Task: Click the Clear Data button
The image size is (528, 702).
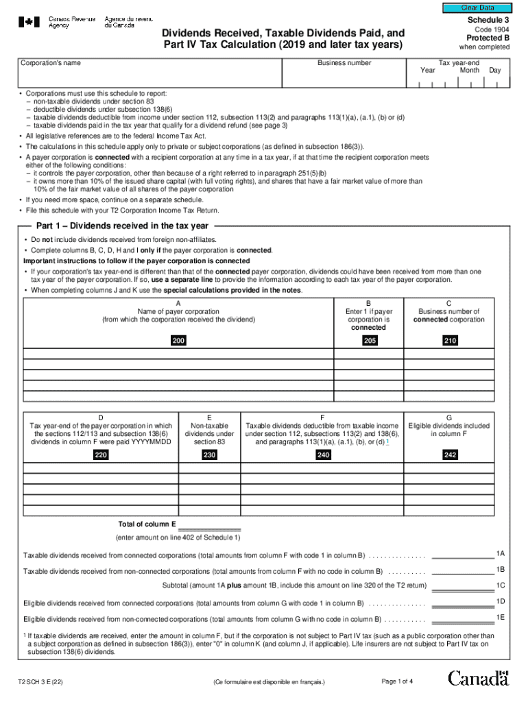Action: click(x=477, y=8)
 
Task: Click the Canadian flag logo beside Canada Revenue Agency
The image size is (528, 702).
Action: click(x=29, y=22)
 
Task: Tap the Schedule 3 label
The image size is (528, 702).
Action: click(x=488, y=21)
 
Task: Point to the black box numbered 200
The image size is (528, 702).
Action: click(x=178, y=341)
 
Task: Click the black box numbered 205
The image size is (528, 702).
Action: click(x=369, y=341)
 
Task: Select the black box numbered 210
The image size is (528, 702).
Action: click(x=450, y=341)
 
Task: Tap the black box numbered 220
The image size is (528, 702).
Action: click(x=101, y=455)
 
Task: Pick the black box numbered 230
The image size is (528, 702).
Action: click(x=210, y=455)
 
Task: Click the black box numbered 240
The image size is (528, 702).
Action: click(x=323, y=455)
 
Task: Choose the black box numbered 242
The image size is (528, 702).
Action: click(x=450, y=455)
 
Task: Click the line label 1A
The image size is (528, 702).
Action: click(x=501, y=553)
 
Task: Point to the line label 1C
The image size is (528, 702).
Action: click(x=501, y=585)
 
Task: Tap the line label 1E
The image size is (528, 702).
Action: click(x=501, y=617)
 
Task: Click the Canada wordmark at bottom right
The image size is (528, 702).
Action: click(x=479, y=679)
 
